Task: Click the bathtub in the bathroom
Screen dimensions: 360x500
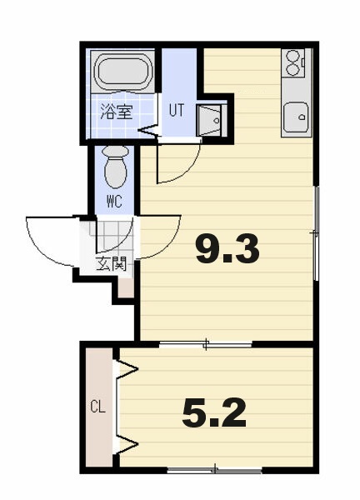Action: click(x=123, y=72)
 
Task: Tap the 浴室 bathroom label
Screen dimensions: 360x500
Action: click(x=117, y=112)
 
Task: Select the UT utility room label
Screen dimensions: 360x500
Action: click(x=177, y=110)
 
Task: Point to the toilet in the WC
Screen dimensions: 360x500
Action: click(x=116, y=167)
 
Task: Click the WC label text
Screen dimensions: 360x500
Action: click(x=114, y=201)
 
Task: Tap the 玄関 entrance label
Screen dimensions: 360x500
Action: click(x=112, y=264)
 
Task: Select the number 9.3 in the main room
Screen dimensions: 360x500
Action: click(x=227, y=251)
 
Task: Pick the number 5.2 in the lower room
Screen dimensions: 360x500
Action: click(x=214, y=413)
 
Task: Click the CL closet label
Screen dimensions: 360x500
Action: click(x=97, y=407)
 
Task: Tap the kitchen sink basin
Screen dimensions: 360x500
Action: click(x=296, y=117)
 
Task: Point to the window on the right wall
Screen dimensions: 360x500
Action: click(x=316, y=233)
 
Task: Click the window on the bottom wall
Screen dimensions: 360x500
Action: click(x=215, y=470)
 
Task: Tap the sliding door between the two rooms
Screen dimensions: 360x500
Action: click(x=206, y=344)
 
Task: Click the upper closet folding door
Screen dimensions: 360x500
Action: click(x=126, y=369)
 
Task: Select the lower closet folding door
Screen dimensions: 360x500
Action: click(x=126, y=443)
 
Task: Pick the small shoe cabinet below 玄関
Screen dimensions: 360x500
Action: click(x=126, y=288)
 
